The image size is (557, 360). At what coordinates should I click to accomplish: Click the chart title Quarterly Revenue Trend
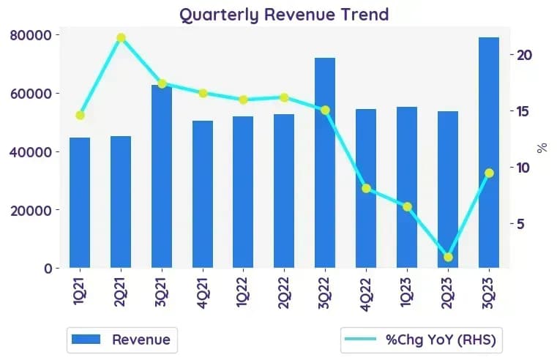284,15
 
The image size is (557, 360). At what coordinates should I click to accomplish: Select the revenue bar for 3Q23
489,152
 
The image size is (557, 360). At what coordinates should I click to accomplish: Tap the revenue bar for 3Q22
325,162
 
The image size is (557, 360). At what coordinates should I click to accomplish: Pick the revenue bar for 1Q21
80,203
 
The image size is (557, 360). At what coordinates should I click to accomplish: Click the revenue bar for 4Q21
203,194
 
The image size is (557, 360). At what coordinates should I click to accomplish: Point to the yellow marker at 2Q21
121,37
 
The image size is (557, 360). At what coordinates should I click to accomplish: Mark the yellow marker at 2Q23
448,257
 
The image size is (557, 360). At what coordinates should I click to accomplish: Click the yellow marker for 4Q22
366,189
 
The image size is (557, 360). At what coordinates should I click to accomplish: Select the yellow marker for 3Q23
489,173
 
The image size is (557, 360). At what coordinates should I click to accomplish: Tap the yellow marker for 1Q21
80,116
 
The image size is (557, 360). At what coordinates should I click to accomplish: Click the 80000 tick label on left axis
31,36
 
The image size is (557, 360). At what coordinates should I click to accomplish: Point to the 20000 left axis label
31,211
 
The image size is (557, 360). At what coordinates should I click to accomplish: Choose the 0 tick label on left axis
48,269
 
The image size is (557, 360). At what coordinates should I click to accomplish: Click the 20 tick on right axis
524,55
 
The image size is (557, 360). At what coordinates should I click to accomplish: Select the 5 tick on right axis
520,224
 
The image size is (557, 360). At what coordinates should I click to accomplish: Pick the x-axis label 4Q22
366,294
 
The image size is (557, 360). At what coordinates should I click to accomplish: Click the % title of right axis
542,148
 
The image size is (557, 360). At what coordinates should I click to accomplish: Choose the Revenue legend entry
122,340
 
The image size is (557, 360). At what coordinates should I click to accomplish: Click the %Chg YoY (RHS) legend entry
422,340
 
